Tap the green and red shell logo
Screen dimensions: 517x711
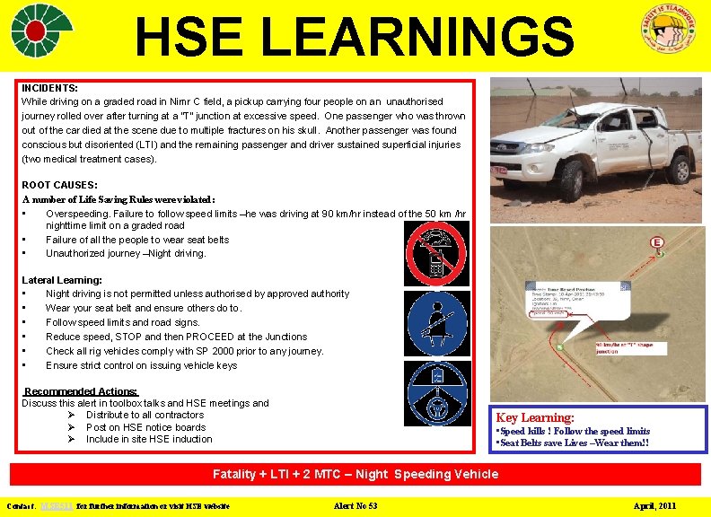[x=43, y=30]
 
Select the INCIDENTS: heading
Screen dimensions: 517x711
[x=49, y=88]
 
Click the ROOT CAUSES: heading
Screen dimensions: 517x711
[x=59, y=185]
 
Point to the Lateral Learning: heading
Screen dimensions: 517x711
[x=62, y=280]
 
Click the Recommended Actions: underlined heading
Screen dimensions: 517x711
[x=81, y=391]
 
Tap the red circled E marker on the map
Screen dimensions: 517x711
[x=656, y=243]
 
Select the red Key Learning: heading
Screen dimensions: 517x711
[x=535, y=417]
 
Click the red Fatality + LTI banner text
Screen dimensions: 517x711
[x=355, y=474]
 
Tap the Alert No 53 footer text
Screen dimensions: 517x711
[x=355, y=506]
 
